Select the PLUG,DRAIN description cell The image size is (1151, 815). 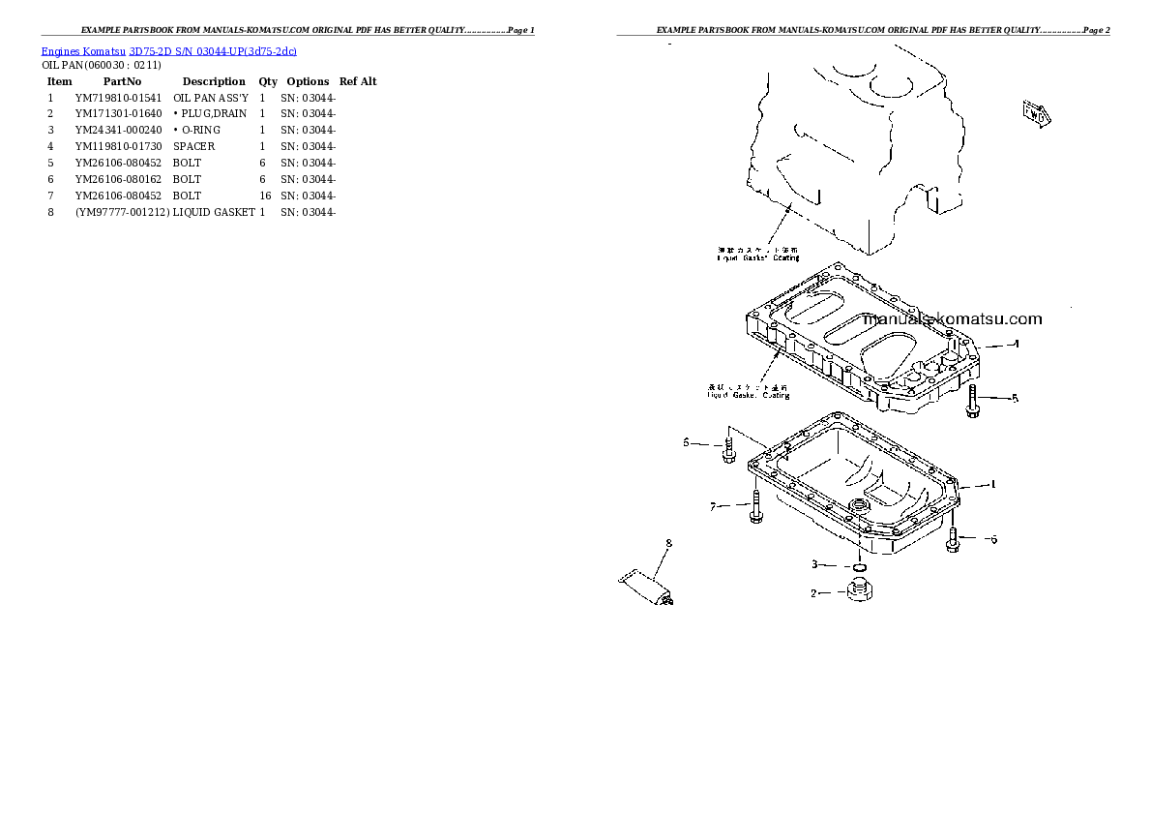[211, 114]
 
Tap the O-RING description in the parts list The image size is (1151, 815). [198, 131]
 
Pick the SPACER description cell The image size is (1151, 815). [193, 147]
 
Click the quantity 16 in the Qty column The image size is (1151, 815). [264, 196]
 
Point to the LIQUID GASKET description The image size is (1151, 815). [214, 213]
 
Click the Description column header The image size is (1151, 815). [214, 82]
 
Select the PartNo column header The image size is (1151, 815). [122, 82]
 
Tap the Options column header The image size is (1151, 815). [308, 82]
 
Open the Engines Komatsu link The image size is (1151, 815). [83, 49]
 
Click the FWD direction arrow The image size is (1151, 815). [1035, 113]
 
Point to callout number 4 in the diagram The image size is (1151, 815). [1015, 345]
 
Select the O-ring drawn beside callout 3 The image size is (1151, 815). [856, 567]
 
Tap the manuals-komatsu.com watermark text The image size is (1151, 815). [953, 319]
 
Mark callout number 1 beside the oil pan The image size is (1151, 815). [992, 484]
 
